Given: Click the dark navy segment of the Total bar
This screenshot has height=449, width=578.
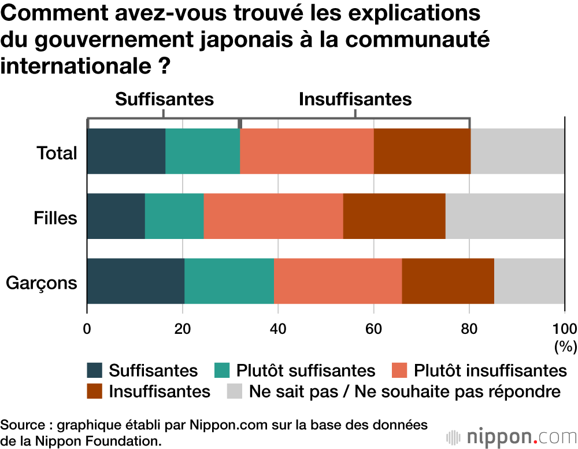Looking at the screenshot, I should click(x=126, y=151).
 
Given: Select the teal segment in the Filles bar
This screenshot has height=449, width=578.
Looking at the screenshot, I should click(x=174, y=216).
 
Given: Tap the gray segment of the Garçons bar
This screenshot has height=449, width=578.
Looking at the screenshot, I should click(x=529, y=281).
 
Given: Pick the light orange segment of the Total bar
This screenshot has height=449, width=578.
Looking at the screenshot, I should click(x=306, y=151).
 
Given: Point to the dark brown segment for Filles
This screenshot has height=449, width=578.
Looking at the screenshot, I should click(x=394, y=216).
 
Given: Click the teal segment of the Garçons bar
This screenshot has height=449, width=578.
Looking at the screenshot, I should click(x=229, y=281).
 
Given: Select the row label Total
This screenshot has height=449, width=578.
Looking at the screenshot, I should click(x=57, y=153).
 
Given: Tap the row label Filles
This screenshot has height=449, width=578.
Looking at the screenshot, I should click(x=55, y=218).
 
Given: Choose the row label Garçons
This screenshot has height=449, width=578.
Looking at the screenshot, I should click(x=42, y=284).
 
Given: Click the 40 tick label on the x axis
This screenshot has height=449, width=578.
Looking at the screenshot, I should click(x=278, y=329).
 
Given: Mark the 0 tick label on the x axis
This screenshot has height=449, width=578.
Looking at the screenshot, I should click(x=87, y=329).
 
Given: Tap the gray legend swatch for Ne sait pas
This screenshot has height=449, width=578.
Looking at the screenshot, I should click(x=232, y=391).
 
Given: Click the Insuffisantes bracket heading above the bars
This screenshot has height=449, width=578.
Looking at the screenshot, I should click(x=355, y=99).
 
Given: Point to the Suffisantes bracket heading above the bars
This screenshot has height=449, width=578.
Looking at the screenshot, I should click(x=165, y=99).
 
